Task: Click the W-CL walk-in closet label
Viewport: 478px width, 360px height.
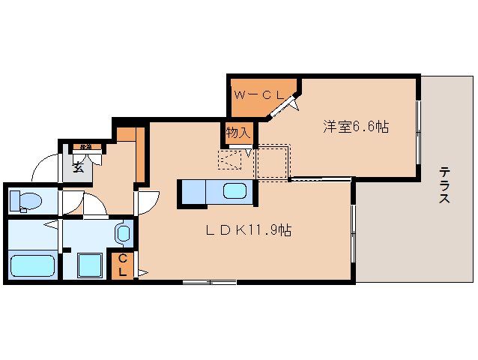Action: pos(258,95)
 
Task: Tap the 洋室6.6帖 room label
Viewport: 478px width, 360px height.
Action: pos(355,127)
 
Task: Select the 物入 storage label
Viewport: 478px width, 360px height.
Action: pos(238,133)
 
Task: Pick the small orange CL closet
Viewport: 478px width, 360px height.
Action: pos(123,265)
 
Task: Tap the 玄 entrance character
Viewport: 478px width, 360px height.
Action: pos(78,167)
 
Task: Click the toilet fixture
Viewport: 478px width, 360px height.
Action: pos(26,200)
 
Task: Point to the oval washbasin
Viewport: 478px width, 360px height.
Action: pos(123,233)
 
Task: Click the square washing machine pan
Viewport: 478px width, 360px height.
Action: pos(91,265)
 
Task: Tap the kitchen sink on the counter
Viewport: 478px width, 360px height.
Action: pos(234,191)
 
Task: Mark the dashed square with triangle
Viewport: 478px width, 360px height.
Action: pos(229,160)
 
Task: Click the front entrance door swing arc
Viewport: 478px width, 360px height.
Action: pos(45,167)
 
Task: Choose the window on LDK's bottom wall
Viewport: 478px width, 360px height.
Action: pos(210,282)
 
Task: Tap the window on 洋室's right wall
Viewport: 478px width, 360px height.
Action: pos(418,131)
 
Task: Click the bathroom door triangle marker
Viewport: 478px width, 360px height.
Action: pos(51,224)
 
